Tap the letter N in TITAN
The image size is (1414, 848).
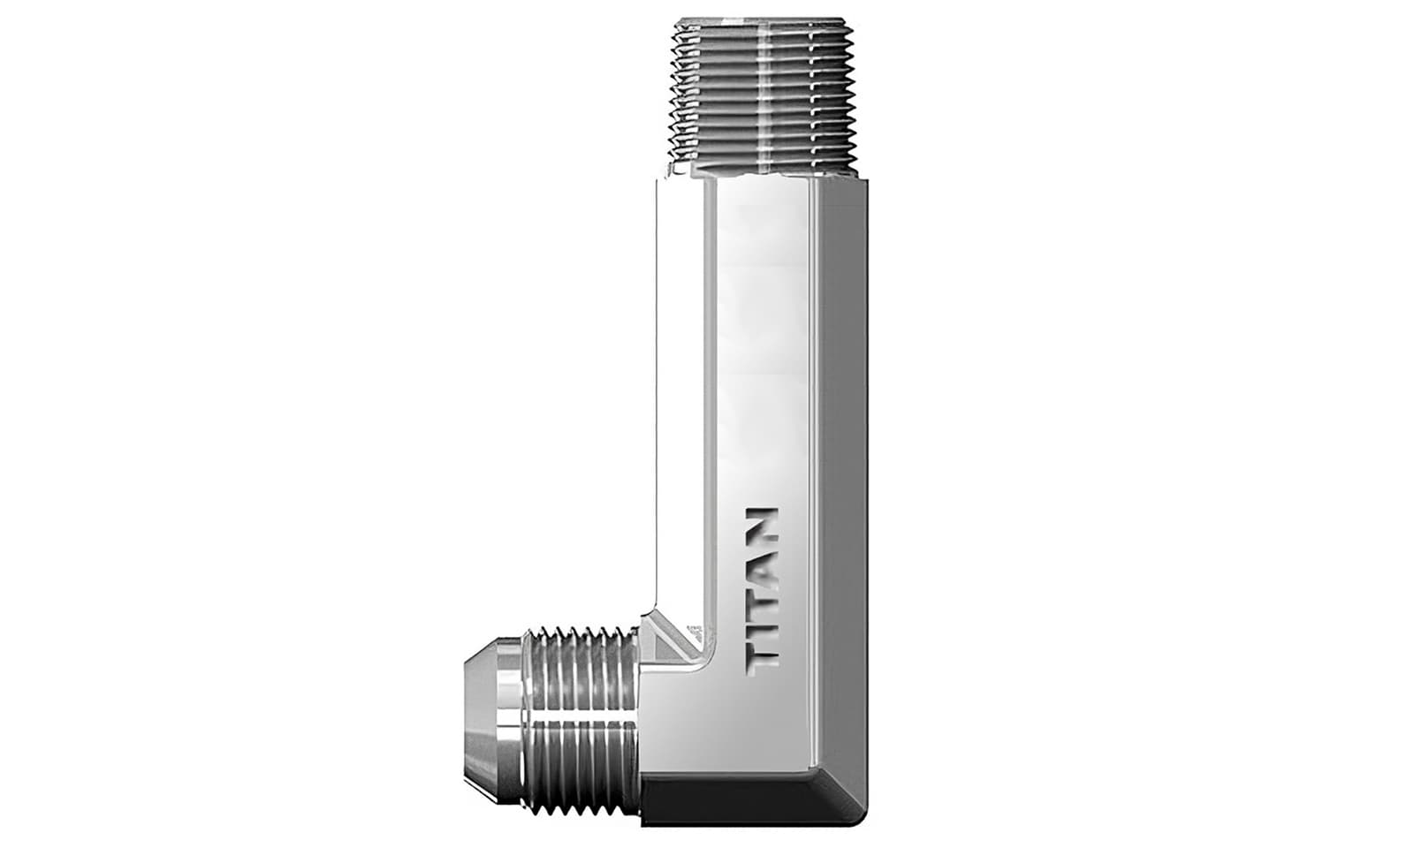[x=760, y=525]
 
